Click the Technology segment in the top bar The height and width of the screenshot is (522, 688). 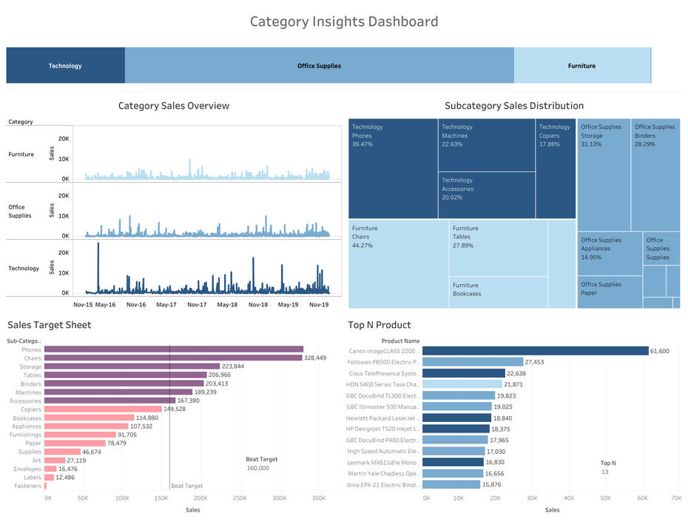point(65,66)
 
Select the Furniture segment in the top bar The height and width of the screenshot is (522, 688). point(581,66)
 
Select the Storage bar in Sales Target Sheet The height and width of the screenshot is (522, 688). point(132,367)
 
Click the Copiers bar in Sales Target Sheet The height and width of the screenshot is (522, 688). point(103,409)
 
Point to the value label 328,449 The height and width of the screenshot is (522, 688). point(314,358)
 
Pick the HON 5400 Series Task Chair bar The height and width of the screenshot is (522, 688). point(462,384)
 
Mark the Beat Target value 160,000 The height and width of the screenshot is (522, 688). point(257,468)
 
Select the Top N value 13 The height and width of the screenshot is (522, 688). point(604,472)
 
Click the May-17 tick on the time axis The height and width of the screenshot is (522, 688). point(166,304)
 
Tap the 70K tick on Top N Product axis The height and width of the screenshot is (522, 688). point(675,498)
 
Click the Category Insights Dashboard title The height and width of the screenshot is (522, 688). point(343,21)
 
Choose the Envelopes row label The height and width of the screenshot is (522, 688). point(27,469)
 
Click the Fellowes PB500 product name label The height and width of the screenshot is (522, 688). point(382,362)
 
